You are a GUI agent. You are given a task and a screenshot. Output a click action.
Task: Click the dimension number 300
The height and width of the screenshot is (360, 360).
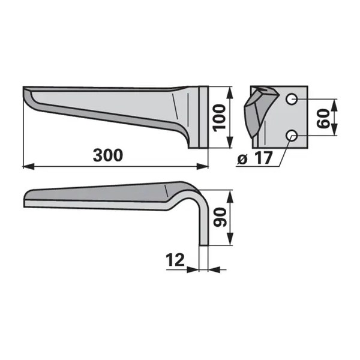tap(108, 155)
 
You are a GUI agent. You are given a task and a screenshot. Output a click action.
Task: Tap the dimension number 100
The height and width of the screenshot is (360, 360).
tap(219, 118)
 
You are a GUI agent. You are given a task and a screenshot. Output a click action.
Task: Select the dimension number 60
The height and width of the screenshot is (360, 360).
tap(323, 118)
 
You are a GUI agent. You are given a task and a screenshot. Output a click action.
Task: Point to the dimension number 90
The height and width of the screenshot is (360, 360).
tap(220, 217)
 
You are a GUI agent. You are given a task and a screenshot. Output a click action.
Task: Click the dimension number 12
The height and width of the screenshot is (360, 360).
tap(175, 260)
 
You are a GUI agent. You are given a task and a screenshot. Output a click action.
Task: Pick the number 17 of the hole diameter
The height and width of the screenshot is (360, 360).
tap(264, 158)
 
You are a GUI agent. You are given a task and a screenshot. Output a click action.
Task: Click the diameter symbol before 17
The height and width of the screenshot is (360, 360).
tap(242, 160)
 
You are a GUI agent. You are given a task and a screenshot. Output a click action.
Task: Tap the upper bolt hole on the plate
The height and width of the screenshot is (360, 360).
tap(292, 99)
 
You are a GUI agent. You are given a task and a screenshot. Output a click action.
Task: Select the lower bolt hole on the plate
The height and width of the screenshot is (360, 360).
tap(292, 135)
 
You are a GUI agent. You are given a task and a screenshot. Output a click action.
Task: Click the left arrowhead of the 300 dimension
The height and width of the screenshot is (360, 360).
tap(28, 166)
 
